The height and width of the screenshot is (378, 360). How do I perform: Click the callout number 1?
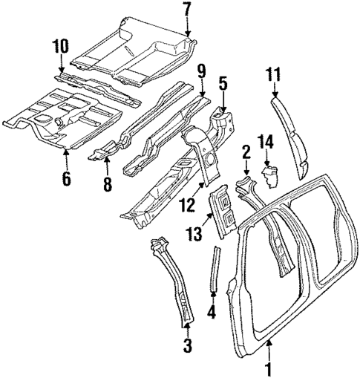269,368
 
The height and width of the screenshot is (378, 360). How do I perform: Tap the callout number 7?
187,10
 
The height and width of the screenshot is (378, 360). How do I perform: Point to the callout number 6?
66,178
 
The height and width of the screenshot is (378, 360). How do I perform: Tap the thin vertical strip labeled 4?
216,274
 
